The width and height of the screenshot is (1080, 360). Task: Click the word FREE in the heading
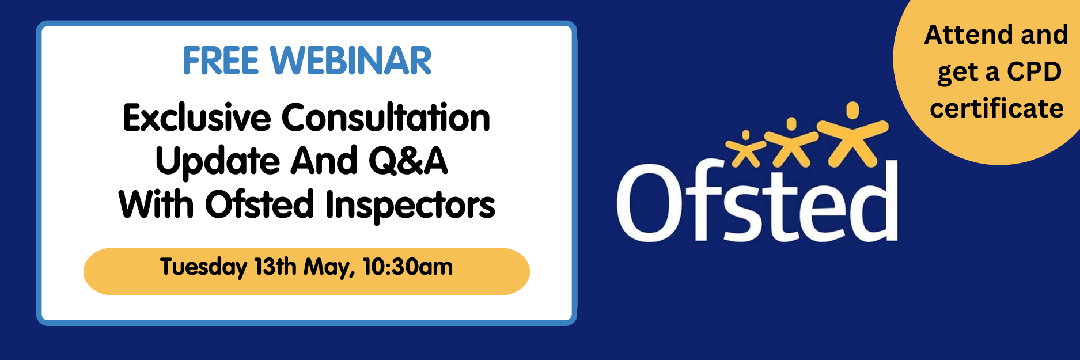point(221,60)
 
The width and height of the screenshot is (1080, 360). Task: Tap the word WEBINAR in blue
point(351,60)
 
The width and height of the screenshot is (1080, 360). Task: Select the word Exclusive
point(197,118)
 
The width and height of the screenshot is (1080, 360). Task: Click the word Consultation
point(386,118)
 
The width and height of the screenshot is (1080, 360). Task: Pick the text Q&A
point(408,161)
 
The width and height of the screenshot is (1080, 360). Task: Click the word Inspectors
point(410,206)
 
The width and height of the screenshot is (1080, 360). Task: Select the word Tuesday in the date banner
point(203,268)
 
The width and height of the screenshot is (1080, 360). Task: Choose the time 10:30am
point(408,267)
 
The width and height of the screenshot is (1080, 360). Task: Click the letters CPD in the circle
point(1034,71)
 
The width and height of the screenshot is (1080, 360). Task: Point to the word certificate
point(996,108)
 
